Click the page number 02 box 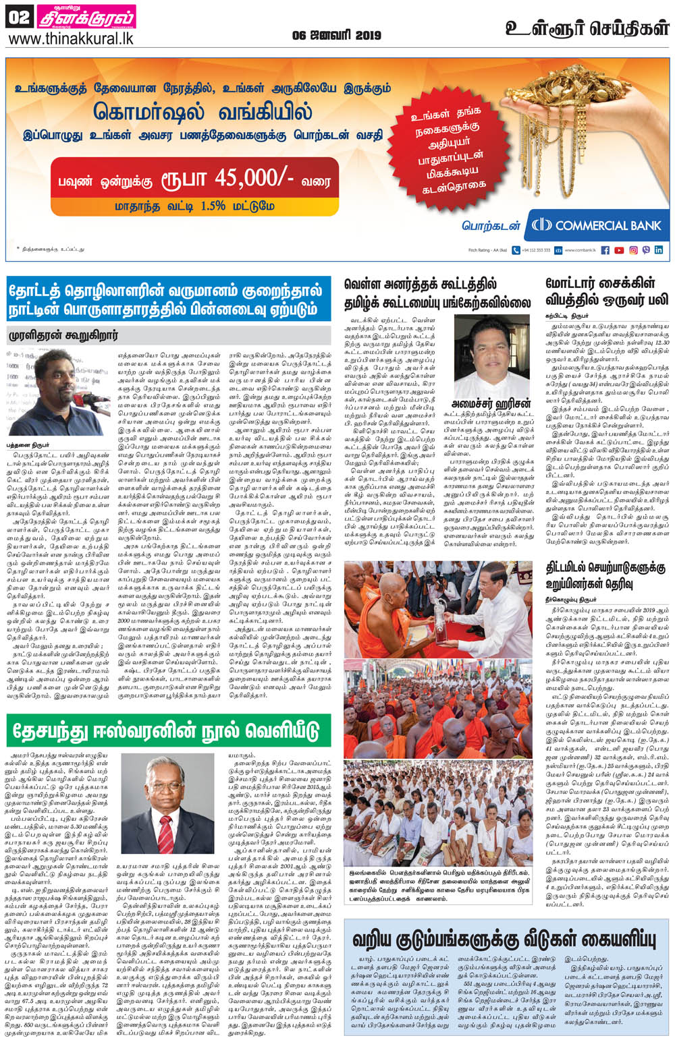18,18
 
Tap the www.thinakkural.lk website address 70,38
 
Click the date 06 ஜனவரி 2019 336,35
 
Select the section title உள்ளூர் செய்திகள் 587,28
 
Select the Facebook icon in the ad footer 605,250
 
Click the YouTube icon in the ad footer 619,250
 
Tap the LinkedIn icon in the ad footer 659,250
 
